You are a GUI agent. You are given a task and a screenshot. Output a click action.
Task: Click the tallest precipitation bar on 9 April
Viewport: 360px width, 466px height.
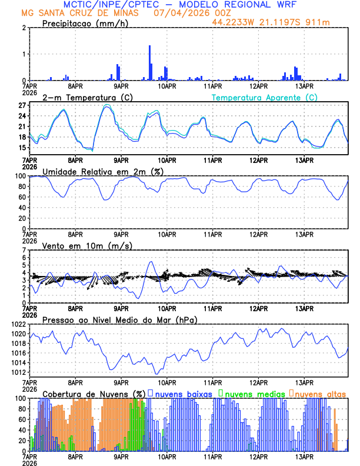point(149,62)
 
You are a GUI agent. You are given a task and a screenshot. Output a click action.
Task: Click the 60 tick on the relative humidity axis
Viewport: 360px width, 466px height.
point(22,197)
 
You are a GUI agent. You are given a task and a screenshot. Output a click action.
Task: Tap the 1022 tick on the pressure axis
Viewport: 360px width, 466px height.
point(19,324)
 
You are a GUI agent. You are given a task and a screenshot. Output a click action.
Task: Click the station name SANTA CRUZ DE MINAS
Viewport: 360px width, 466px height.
point(88,12)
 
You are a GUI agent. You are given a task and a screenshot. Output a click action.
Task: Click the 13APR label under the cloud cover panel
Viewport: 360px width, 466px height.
point(304,456)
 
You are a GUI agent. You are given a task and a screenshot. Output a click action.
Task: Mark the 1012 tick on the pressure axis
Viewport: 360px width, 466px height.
point(19,372)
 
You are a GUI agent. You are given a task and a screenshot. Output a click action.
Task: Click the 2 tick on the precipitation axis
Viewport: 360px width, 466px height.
point(24,28)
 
